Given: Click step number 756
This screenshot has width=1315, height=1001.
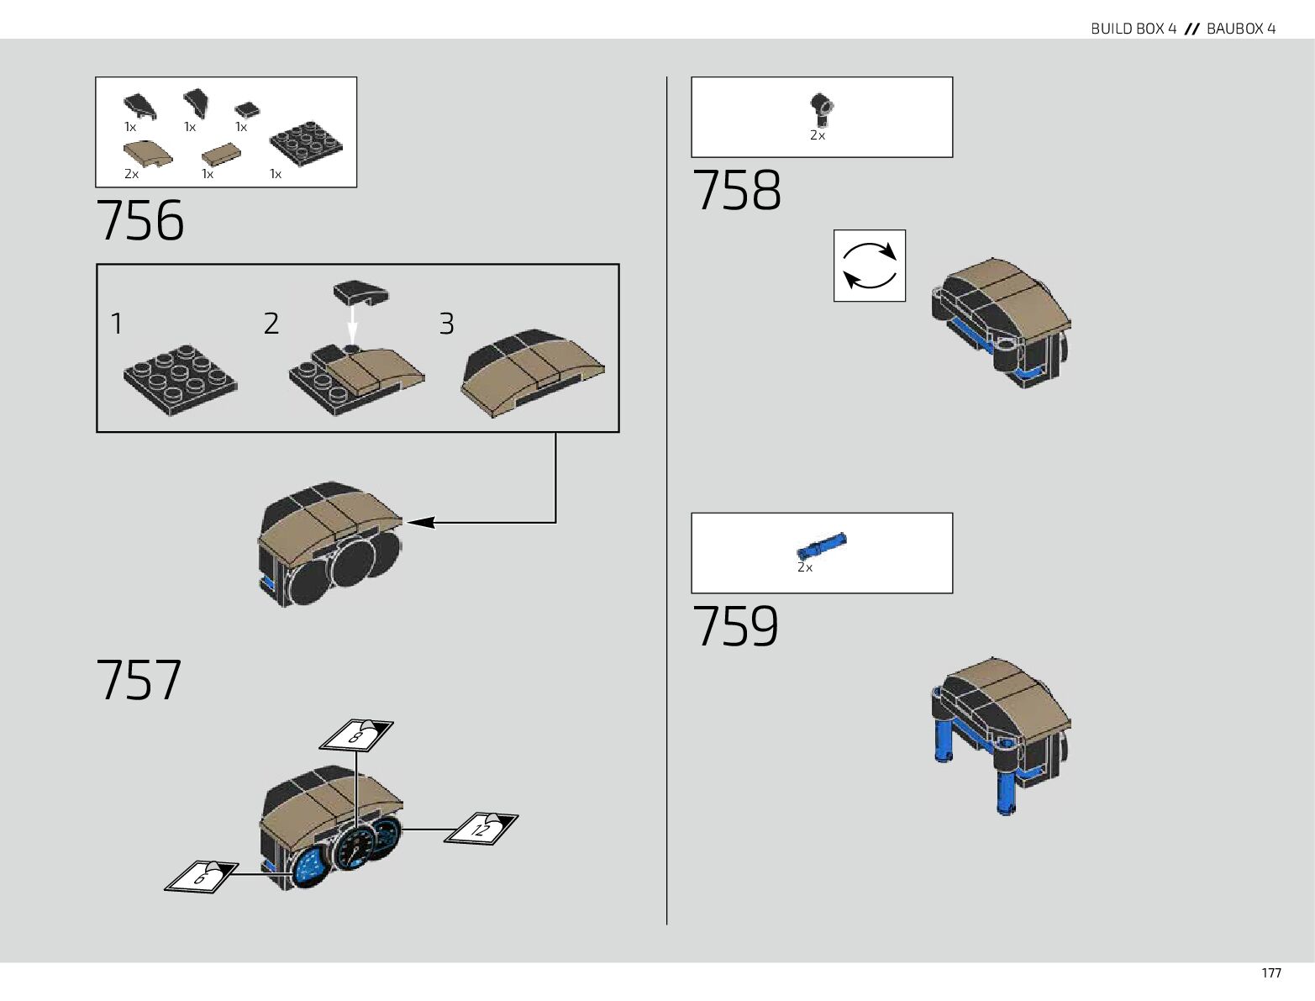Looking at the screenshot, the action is click(x=140, y=221).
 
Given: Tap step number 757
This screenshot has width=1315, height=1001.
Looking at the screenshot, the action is click(x=139, y=680).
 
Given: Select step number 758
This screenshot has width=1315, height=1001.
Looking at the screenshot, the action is click(x=736, y=191).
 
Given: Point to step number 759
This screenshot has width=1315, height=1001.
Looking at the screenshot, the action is click(x=735, y=626).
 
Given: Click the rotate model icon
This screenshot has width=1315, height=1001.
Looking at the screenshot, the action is click(x=869, y=265).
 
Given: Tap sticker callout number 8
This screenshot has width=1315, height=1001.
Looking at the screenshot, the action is click(x=357, y=735).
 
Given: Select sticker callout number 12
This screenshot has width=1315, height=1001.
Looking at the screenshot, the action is click(x=481, y=828).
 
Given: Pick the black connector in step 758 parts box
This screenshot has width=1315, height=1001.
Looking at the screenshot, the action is click(x=820, y=108).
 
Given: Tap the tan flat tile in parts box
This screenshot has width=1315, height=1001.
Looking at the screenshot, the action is click(x=222, y=154).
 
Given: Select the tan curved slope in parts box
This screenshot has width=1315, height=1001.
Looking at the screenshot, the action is click(x=147, y=153).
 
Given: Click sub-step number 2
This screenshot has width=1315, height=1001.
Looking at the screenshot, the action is click(x=271, y=324).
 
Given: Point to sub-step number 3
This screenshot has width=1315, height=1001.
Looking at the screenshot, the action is click(x=446, y=324).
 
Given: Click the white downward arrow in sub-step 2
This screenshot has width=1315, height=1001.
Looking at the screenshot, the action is click(x=352, y=321).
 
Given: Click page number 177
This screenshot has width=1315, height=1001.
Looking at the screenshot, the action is click(x=1270, y=973).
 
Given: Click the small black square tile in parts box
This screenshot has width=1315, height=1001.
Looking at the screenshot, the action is click(x=246, y=109).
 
